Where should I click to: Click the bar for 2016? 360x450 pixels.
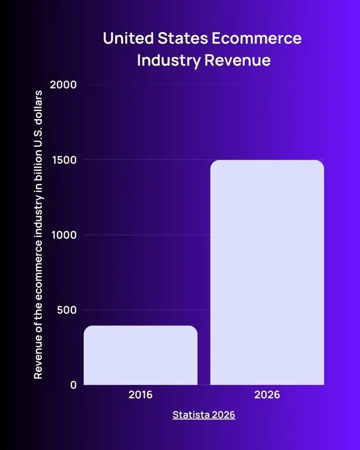(x=141, y=355)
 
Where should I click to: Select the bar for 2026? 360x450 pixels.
(x=267, y=273)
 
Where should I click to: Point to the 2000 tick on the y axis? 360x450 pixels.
(x=63, y=85)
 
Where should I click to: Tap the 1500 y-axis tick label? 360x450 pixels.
(x=64, y=160)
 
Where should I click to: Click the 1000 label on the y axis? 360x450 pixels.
(x=64, y=235)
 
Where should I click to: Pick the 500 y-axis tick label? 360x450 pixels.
(x=67, y=310)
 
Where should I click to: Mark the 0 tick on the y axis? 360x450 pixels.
(x=73, y=385)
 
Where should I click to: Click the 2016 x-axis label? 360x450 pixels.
(x=140, y=395)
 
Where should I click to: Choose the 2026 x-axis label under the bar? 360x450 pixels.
(x=267, y=395)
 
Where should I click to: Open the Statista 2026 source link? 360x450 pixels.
(x=204, y=415)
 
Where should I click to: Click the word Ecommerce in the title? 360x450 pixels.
(x=257, y=38)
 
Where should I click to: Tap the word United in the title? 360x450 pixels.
(x=128, y=38)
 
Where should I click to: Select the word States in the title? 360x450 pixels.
(x=183, y=38)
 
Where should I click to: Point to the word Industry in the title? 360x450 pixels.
(x=169, y=61)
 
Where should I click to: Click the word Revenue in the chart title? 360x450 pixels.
(x=238, y=60)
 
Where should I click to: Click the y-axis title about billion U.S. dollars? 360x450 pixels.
(x=38, y=235)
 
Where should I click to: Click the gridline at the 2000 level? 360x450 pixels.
(x=204, y=85)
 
